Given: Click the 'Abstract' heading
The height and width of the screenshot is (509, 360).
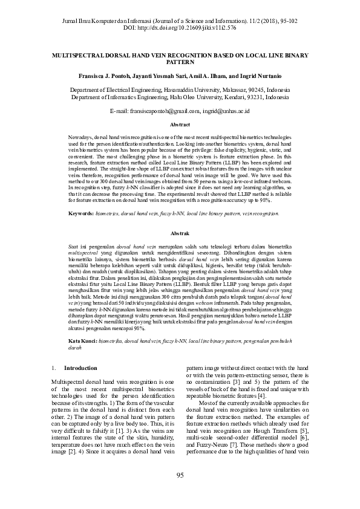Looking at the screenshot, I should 180,125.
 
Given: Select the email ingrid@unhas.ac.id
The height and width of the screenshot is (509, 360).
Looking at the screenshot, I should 227,111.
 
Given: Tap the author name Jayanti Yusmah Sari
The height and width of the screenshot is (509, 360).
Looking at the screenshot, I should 162,77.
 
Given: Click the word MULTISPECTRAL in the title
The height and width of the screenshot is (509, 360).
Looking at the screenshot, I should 82,54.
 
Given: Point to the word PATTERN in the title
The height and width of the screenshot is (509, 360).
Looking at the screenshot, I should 180,62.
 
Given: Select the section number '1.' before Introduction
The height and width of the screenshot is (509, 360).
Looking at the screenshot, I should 54,368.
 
